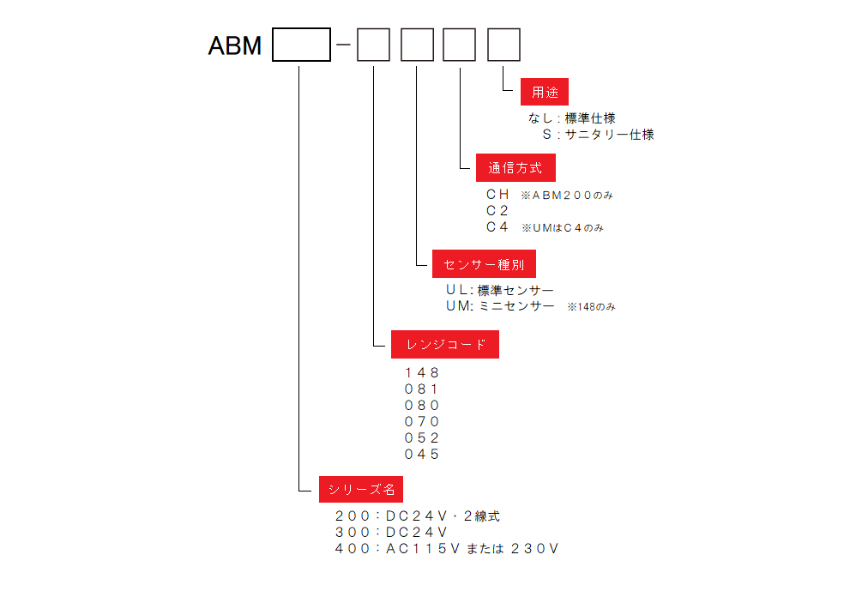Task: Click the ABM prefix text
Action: pyautogui.click(x=235, y=45)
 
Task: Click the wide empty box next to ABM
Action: pyautogui.click(x=301, y=45)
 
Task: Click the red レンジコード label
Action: pyautogui.click(x=445, y=345)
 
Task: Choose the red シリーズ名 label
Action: pyautogui.click(x=361, y=489)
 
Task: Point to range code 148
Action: pyautogui.click(x=422, y=372)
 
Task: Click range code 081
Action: pyautogui.click(x=422, y=389)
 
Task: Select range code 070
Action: pyautogui.click(x=422, y=421)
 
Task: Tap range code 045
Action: pyautogui.click(x=422, y=454)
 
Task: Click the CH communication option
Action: pyautogui.click(x=497, y=195)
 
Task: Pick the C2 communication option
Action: pyautogui.click(x=497, y=211)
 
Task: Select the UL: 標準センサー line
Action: pyautogui.click(x=499, y=291)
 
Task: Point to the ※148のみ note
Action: pyautogui.click(x=591, y=307)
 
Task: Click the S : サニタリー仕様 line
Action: pyautogui.click(x=598, y=135)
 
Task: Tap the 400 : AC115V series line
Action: pyautogui.click(x=446, y=548)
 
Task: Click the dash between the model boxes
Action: pyautogui.click(x=344, y=45)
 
